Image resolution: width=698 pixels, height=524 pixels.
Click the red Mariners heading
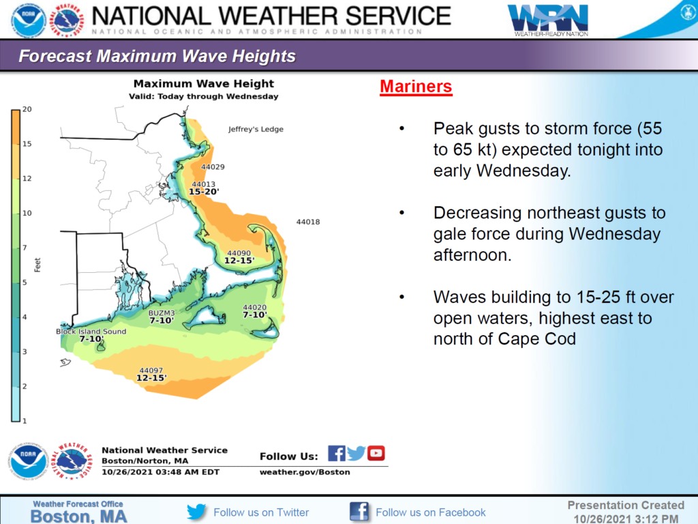point(416,87)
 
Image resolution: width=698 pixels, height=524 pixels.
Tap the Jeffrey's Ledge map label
point(256,129)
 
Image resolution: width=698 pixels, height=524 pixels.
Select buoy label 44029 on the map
point(213,167)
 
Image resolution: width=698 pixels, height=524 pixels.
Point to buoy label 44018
point(308,222)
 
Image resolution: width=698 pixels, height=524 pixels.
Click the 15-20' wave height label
point(204,192)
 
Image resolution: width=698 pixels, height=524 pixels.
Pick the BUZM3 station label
point(162,313)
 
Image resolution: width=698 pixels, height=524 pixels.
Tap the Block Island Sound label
point(91,332)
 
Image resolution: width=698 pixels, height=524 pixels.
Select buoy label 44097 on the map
point(151,370)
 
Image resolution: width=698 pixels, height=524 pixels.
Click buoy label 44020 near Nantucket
point(255,308)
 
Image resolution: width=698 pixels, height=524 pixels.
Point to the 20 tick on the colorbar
point(27,109)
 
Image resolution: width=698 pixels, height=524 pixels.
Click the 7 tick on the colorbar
point(25,248)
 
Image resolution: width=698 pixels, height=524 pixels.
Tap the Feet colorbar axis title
point(38,265)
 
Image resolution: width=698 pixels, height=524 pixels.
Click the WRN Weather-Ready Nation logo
point(548,20)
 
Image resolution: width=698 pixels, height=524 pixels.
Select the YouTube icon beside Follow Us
point(376,453)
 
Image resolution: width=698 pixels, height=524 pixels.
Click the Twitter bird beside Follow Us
point(356,453)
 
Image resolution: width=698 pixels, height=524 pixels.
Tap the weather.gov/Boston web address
point(305,472)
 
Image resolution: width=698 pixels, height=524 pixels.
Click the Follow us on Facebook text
point(431,512)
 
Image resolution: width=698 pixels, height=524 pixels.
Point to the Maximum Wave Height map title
point(204,84)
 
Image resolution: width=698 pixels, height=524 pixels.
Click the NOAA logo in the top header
point(29,20)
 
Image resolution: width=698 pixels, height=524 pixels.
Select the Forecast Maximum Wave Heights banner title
point(157,56)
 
